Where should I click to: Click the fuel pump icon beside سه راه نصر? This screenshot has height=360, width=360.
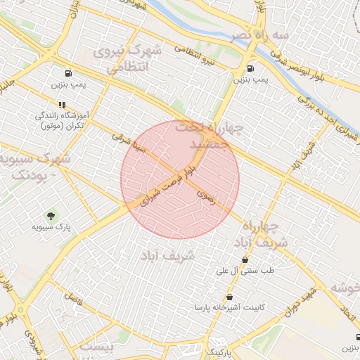pos(251,69)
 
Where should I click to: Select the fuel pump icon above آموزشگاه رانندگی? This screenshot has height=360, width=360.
pos(68,73)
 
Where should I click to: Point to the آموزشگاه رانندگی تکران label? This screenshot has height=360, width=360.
pos(60,120)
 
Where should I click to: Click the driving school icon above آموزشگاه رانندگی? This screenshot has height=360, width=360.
pos(62,105)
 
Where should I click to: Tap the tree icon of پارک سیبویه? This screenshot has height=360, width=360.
pos(51,215)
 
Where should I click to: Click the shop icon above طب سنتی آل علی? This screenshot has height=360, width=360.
pos(245,260)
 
